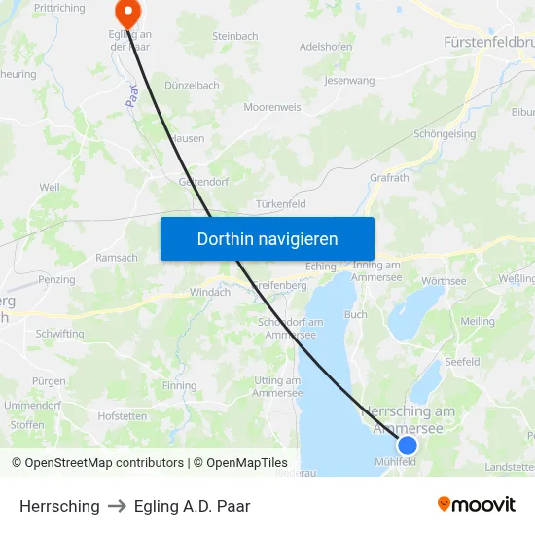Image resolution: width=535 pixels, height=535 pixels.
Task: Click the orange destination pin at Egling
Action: pyautogui.click(x=127, y=11)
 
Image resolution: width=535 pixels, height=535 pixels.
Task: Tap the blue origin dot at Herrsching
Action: pyautogui.click(x=408, y=446)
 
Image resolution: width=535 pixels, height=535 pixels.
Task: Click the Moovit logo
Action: pyautogui.click(x=477, y=504)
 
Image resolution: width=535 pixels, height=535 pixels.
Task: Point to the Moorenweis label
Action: pyautogui.click(x=272, y=107)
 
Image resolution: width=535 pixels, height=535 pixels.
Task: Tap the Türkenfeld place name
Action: pyautogui.click(x=281, y=204)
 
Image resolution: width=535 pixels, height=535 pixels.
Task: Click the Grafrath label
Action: pyautogui.click(x=390, y=178)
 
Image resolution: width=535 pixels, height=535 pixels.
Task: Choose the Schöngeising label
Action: pyautogui.click(x=445, y=134)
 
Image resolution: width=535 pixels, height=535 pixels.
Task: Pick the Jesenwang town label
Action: pyautogui.click(x=349, y=81)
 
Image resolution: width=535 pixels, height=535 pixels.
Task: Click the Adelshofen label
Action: pyautogui.click(x=326, y=47)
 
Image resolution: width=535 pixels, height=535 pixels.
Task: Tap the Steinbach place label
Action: pyautogui.click(x=234, y=37)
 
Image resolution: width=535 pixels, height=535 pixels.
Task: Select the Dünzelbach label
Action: pyautogui.click(x=192, y=86)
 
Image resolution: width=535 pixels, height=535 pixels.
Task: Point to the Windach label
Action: pyautogui.click(x=210, y=292)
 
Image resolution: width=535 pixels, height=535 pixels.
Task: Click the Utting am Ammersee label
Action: pyautogui.click(x=277, y=386)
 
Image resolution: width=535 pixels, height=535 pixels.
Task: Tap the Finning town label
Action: pyautogui.click(x=180, y=386)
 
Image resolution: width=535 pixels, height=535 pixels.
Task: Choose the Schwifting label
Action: pyautogui.click(x=59, y=334)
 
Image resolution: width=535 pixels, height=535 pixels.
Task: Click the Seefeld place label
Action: pyautogui.click(x=462, y=362)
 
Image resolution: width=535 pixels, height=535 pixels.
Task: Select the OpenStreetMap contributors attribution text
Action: pyautogui.click(x=97, y=463)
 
